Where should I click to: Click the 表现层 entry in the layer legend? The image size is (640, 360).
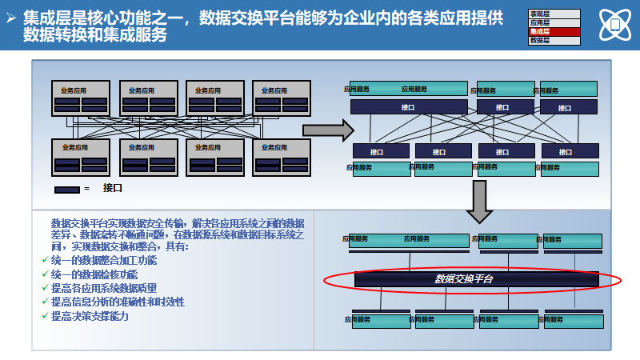(552, 14)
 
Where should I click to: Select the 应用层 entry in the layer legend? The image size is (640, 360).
(552, 23)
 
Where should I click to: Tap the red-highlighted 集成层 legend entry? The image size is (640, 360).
(552, 31)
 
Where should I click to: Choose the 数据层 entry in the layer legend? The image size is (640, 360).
(552, 39)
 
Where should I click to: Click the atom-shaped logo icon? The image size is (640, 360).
(615, 26)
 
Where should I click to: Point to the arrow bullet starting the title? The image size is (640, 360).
(11, 18)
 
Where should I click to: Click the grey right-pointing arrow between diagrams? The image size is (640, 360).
(327, 130)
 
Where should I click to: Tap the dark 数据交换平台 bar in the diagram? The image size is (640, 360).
(476, 279)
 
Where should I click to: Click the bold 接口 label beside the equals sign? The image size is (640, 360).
(112, 189)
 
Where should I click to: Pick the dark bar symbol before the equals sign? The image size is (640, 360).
(66, 190)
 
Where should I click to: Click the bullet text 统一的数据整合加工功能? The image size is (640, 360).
(104, 261)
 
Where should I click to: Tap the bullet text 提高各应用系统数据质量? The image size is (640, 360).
(104, 288)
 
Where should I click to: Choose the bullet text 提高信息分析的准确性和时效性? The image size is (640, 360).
(118, 302)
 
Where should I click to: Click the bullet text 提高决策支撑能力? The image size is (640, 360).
(90, 315)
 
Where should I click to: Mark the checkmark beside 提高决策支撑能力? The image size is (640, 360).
(44, 316)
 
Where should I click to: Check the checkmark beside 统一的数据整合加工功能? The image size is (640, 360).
(44, 262)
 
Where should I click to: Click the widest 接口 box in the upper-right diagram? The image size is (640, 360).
(408, 107)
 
